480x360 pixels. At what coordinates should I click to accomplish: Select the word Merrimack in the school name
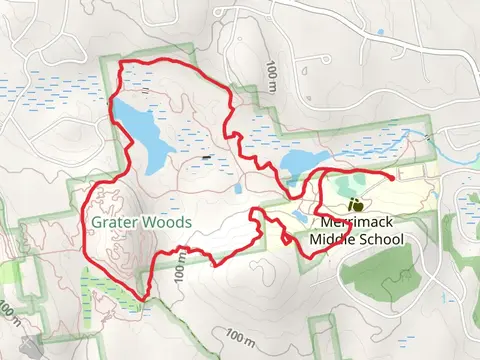click(x=361, y=223)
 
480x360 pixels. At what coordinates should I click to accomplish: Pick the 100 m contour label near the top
click(x=272, y=72)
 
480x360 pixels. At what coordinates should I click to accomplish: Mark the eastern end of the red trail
click(x=391, y=176)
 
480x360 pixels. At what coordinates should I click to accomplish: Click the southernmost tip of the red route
click(x=146, y=298)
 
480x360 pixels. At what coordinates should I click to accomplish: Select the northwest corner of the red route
click(x=121, y=64)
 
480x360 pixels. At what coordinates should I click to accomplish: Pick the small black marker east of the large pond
click(x=206, y=157)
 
